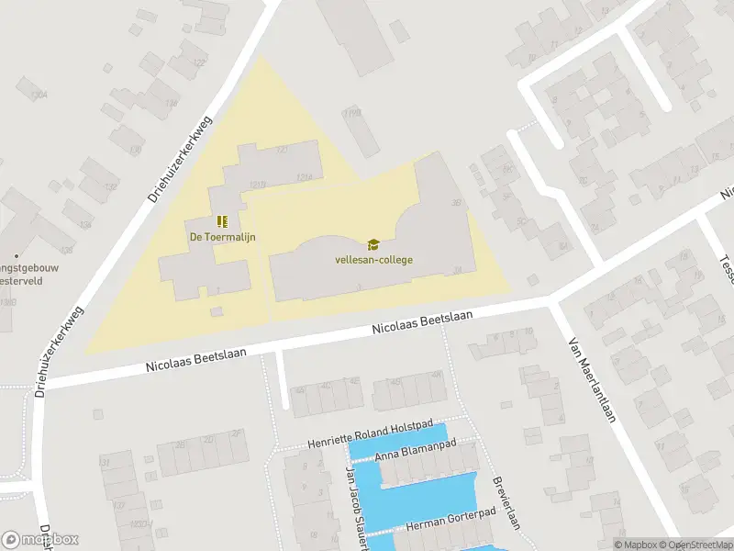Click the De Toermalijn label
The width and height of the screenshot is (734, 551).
pyautogui.click(x=222, y=237)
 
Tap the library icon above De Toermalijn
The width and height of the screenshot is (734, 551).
pyautogui.click(x=222, y=221)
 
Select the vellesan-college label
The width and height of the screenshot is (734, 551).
pyautogui.click(x=373, y=260)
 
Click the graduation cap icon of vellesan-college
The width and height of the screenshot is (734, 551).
pyautogui.click(x=373, y=244)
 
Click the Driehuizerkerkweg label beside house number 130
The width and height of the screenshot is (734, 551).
pyautogui.click(x=179, y=157)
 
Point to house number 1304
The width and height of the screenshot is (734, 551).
pyautogui.click(x=39, y=95)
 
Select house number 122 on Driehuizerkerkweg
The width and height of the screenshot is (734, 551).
pyautogui.click(x=198, y=62)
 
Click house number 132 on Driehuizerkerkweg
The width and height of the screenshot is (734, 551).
pyautogui.click(x=112, y=187)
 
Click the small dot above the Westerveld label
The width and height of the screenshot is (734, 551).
pyautogui.click(x=15, y=255)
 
